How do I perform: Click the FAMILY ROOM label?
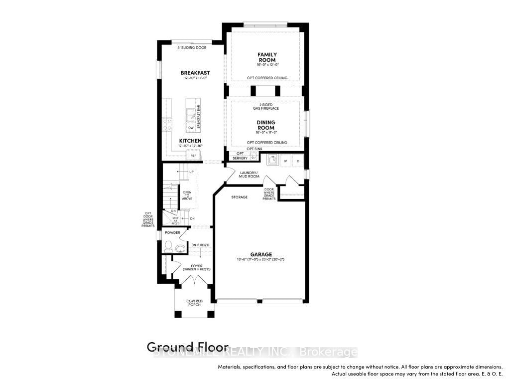267,57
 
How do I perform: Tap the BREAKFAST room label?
195,73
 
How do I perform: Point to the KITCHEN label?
190,141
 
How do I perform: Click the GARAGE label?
260,254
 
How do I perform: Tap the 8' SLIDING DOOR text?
192,48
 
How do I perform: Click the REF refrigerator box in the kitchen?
193,156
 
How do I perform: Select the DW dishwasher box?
190,128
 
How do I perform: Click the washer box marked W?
286,161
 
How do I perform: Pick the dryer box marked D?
298,161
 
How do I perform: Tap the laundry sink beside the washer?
272,160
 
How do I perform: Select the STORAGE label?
239,197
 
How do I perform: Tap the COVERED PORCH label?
194,303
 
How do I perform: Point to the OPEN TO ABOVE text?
187,195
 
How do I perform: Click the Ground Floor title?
187,347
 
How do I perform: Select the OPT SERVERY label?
240,156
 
